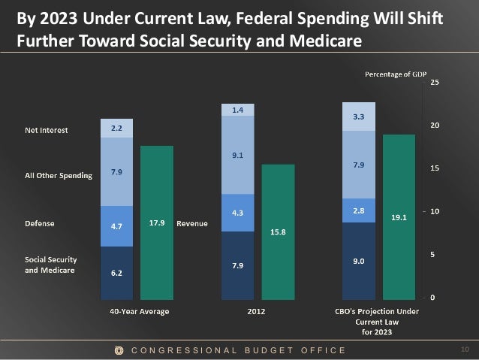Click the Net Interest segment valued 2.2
[x=116, y=129]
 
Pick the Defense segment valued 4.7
[x=116, y=225]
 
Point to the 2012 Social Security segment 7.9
[x=237, y=265]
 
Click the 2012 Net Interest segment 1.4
[x=237, y=110]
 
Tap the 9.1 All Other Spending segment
[x=237, y=156]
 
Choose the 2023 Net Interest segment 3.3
[x=359, y=117]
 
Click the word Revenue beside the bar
[x=191, y=224]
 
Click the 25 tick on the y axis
[x=435, y=82]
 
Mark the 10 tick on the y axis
[x=435, y=211]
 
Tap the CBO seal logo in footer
[x=118, y=350]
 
